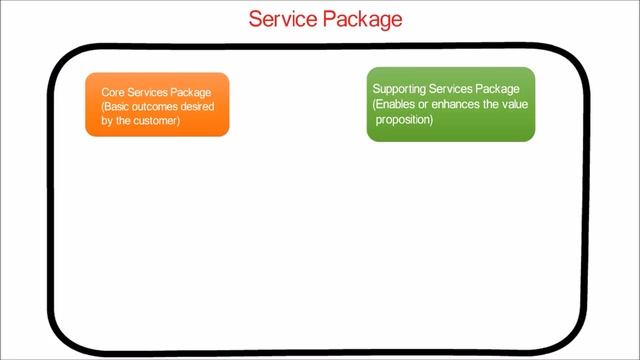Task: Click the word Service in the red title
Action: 283,19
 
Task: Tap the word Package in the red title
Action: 361,19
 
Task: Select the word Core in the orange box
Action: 112,93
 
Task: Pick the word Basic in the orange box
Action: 118,107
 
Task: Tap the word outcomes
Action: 158,107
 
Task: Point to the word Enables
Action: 395,104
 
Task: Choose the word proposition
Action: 403,119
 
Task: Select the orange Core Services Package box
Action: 157,104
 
